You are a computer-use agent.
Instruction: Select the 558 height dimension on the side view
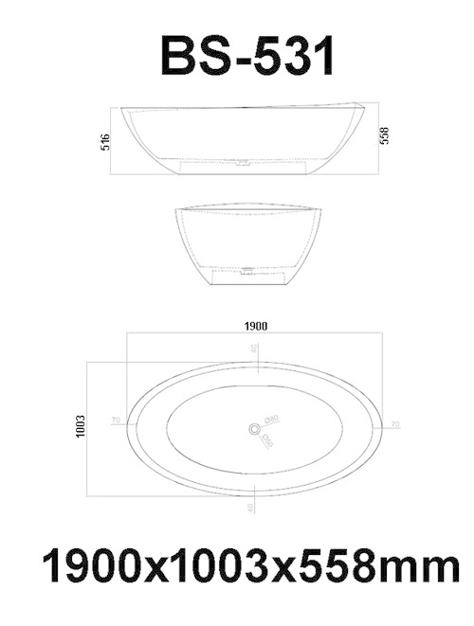point(385,135)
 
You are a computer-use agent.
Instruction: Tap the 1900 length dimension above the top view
point(255,326)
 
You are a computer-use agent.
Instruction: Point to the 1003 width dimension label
point(81,427)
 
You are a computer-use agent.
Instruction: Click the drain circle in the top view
point(254,430)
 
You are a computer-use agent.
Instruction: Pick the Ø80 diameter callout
point(271,418)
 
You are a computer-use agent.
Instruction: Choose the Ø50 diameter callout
point(267,440)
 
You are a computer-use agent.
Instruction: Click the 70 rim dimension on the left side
point(116,420)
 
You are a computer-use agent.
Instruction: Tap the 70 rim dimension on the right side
point(395,424)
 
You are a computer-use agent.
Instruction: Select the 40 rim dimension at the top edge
point(254,349)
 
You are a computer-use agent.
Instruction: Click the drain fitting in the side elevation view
point(245,162)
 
